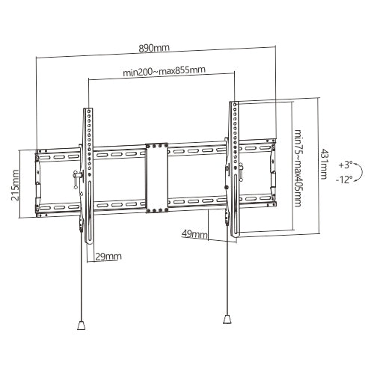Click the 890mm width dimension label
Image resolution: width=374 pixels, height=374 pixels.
(x=156, y=47)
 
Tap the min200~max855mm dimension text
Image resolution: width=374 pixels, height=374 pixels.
(x=165, y=72)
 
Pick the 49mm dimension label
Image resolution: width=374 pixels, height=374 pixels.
(x=194, y=235)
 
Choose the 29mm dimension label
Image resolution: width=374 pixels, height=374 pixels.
(x=108, y=257)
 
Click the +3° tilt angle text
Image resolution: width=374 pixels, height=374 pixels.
(x=345, y=163)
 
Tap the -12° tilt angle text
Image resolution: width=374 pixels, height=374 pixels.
(x=345, y=180)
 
